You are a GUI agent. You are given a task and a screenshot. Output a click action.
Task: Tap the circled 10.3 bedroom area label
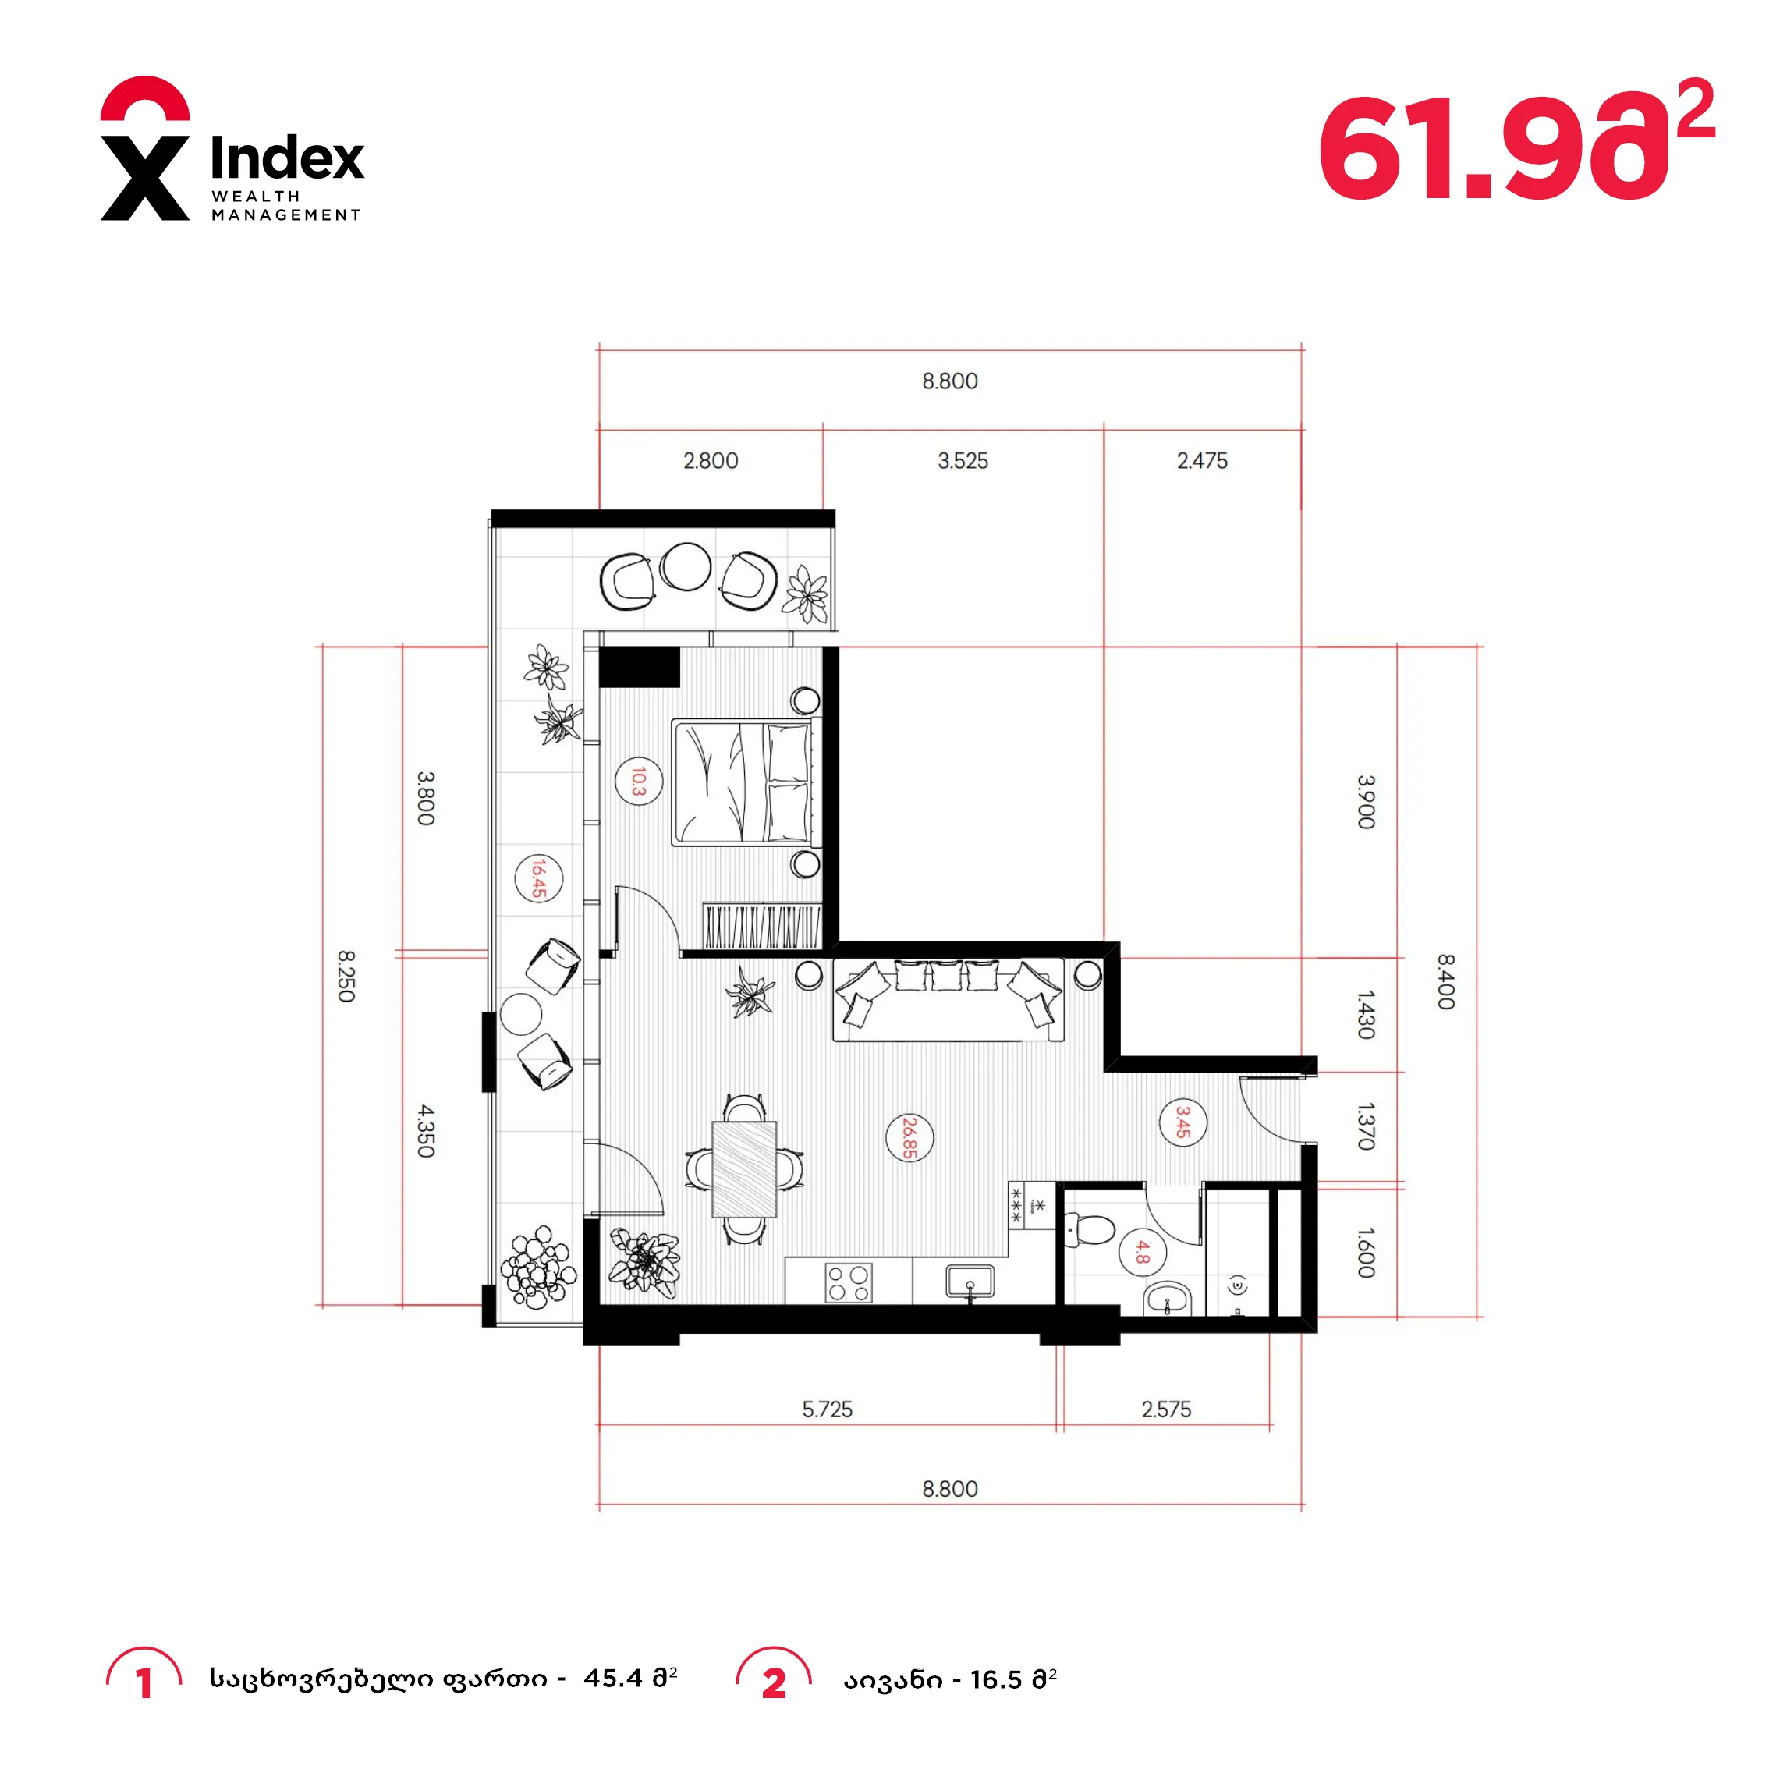pyautogui.click(x=638, y=781)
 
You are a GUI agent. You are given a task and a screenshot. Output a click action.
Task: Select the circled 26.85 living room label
pyautogui.click(x=909, y=1138)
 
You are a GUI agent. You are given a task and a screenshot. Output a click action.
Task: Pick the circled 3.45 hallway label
pyautogui.click(x=1183, y=1123)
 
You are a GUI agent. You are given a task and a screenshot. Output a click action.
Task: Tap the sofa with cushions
pyautogui.click(x=948, y=1000)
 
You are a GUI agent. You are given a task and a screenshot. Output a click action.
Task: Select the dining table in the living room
pyautogui.click(x=743, y=1168)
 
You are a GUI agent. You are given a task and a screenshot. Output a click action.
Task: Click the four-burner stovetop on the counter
pyautogui.click(x=848, y=1282)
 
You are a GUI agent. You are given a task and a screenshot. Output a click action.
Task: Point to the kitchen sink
pyautogui.click(x=970, y=1282)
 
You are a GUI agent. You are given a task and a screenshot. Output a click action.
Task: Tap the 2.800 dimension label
pyautogui.click(x=711, y=461)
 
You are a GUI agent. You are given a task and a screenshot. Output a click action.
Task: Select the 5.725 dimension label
pyautogui.click(x=827, y=1409)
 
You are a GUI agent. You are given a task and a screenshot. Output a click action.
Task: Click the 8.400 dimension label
pyautogui.click(x=1445, y=981)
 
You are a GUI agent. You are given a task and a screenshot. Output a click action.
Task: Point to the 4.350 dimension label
pyautogui.click(x=424, y=1130)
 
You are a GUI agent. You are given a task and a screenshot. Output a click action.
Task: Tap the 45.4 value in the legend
pyautogui.click(x=612, y=1678)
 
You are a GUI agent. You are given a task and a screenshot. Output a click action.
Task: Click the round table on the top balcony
pyautogui.click(x=686, y=566)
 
